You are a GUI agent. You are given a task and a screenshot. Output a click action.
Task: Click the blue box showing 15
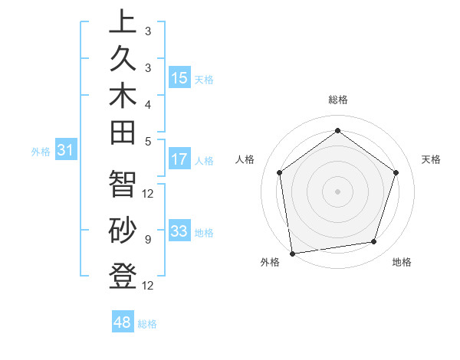pyautogui.click(x=179, y=78)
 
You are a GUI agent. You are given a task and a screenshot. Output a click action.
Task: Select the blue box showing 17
pyautogui.click(x=179, y=160)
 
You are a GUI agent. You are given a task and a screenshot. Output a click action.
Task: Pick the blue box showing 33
pyautogui.click(x=179, y=231)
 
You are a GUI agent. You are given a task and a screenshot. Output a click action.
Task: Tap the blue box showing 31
pyautogui.click(x=65, y=151)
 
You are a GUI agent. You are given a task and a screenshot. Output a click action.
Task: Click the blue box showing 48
pyautogui.click(x=123, y=322)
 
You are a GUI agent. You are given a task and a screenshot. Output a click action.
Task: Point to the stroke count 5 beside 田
pyautogui.click(x=148, y=140)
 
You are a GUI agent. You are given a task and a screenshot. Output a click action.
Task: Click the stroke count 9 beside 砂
pyautogui.click(x=148, y=240)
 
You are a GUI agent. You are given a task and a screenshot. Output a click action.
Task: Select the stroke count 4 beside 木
pyautogui.click(x=148, y=103)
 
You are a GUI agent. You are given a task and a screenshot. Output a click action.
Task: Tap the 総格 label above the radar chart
pyautogui.click(x=337, y=100)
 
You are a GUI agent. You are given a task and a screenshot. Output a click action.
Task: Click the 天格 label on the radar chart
pyautogui.click(x=431, y=159)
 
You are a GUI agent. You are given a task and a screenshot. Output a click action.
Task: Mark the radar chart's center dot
pyautogui.click(x=337, y=191)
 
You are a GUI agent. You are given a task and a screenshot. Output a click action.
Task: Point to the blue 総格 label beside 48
pyautogui.click(x=148, y=324)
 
